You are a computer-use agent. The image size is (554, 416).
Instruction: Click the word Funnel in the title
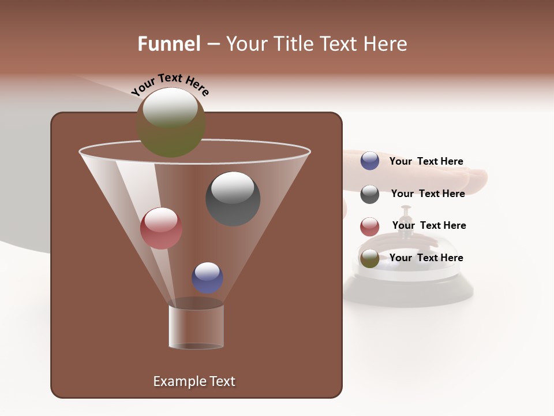coord(169,44)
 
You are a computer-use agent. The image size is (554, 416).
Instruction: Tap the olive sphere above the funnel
coord(171,122)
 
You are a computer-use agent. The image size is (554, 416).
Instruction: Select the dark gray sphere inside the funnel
coord(233,199)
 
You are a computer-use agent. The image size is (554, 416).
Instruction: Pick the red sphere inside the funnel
coord(161,228)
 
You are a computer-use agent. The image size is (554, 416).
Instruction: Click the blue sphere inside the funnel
coord(207,277)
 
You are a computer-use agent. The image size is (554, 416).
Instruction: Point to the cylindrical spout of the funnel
coord(196,326)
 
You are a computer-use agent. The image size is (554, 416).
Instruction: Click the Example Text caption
coord(194,381)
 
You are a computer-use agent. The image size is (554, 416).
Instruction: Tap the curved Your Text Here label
coord(170,84)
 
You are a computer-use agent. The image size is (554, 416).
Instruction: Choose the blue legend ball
coord(370,161)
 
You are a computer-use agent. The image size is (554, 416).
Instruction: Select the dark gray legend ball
coord(370,194)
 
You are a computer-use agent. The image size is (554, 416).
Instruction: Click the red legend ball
coord(370,226)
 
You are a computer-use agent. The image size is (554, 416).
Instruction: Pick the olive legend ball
coord(370,258)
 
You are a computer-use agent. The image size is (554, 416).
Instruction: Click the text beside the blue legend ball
coord(426,162)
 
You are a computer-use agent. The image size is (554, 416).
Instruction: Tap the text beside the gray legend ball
coord(428,194)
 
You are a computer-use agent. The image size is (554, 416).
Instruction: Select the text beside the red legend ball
coord(429,225)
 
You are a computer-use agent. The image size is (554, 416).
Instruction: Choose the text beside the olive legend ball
coord(426,258)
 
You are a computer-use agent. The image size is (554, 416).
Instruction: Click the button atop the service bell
coord(406,210)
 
